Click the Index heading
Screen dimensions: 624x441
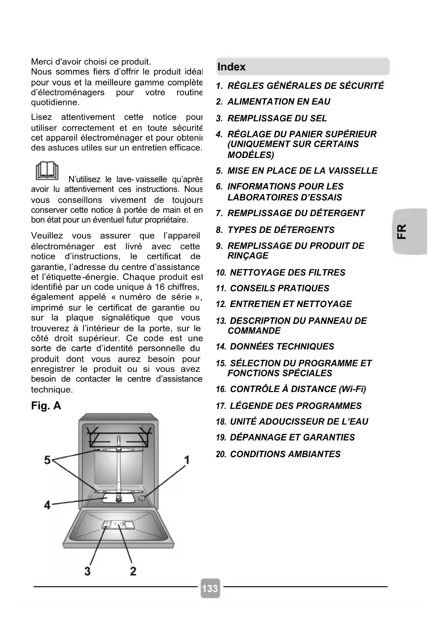tap(231, 67)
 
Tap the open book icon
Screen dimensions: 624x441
tap(47, 171)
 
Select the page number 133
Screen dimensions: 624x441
tap(210, 588)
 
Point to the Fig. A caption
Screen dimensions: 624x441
tap(46, 406)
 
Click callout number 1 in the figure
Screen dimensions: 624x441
tap(187, 460)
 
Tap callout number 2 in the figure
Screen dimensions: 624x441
tap(133, 571)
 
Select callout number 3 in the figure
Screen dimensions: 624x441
tap(87, 571)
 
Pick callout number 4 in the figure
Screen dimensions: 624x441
tap(47, 504)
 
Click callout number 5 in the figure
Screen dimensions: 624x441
tap(47, 460)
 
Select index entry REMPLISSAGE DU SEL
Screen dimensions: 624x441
tap(277, 118)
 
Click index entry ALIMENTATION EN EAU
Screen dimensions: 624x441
tap(279, 102)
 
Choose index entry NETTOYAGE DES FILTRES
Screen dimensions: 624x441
tap(287, 273)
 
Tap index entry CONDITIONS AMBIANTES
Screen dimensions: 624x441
tap(285, 454)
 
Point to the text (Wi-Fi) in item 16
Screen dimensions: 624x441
tap(352, 389)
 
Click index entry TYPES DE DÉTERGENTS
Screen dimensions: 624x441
tap(281, 230)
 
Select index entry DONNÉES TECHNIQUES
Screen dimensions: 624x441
tap(282, 347)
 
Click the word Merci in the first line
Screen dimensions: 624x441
tap(42, 62)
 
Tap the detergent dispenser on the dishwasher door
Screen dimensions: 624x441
tap(117, 525)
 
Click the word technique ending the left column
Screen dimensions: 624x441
tap(52, 390)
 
